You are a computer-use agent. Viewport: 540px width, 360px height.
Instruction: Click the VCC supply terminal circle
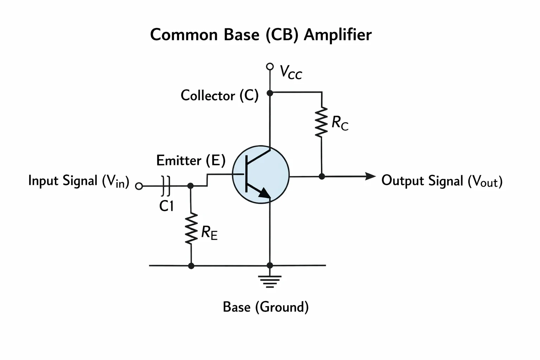(x=270, y=66)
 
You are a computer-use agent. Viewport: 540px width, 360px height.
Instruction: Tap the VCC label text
(x=291, y=72)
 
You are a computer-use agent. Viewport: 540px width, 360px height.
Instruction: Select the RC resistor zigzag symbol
(x=321, y=122)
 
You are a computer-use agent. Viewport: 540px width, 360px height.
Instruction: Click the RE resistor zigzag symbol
(x=191, y=229)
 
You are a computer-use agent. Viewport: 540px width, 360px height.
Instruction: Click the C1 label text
(x=166, y=206)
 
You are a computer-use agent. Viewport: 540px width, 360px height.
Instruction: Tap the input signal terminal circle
(x=139, y=186)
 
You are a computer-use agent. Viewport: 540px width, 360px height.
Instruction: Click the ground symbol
(x=270, y=281)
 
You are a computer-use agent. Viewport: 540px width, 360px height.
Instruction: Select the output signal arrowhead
(x=371, y=176)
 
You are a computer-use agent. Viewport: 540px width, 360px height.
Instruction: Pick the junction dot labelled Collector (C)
(x=270, y=93)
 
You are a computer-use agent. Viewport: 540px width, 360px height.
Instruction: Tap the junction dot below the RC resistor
(x=322, y=176)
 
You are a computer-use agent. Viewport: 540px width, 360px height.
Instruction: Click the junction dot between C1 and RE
(x=191, y=186)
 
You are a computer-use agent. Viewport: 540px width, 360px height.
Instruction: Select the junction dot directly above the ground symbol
(x=270, y=265)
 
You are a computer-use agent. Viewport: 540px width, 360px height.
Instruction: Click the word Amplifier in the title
(x=337, y=35)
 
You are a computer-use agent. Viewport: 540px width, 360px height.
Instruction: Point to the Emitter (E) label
(x=191, y=160)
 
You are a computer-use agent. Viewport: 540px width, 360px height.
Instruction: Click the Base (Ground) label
(x=266, y=307)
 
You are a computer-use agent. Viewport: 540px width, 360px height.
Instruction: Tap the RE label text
(x=209, y=233)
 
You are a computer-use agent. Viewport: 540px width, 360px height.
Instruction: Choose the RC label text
(x=340, y=123)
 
